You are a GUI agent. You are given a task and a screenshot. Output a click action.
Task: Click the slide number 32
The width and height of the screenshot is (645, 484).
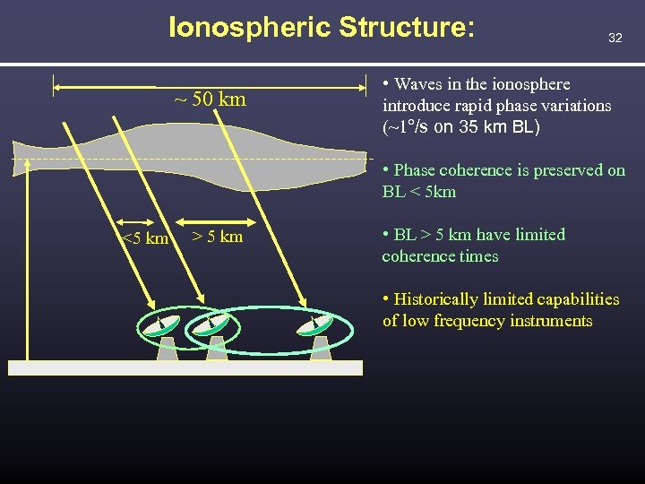(615, 38)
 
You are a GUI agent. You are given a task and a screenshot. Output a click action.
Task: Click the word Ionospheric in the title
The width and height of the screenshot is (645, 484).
(250, 27)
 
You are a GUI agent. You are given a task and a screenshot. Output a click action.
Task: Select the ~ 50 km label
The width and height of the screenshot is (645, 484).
(210, 99)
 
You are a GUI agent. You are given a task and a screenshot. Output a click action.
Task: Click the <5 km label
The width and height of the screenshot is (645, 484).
(144, 238)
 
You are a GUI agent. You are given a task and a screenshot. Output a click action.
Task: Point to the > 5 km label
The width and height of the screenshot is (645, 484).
(217, 237)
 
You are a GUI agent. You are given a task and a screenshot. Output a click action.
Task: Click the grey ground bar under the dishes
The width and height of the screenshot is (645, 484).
(185, 367)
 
